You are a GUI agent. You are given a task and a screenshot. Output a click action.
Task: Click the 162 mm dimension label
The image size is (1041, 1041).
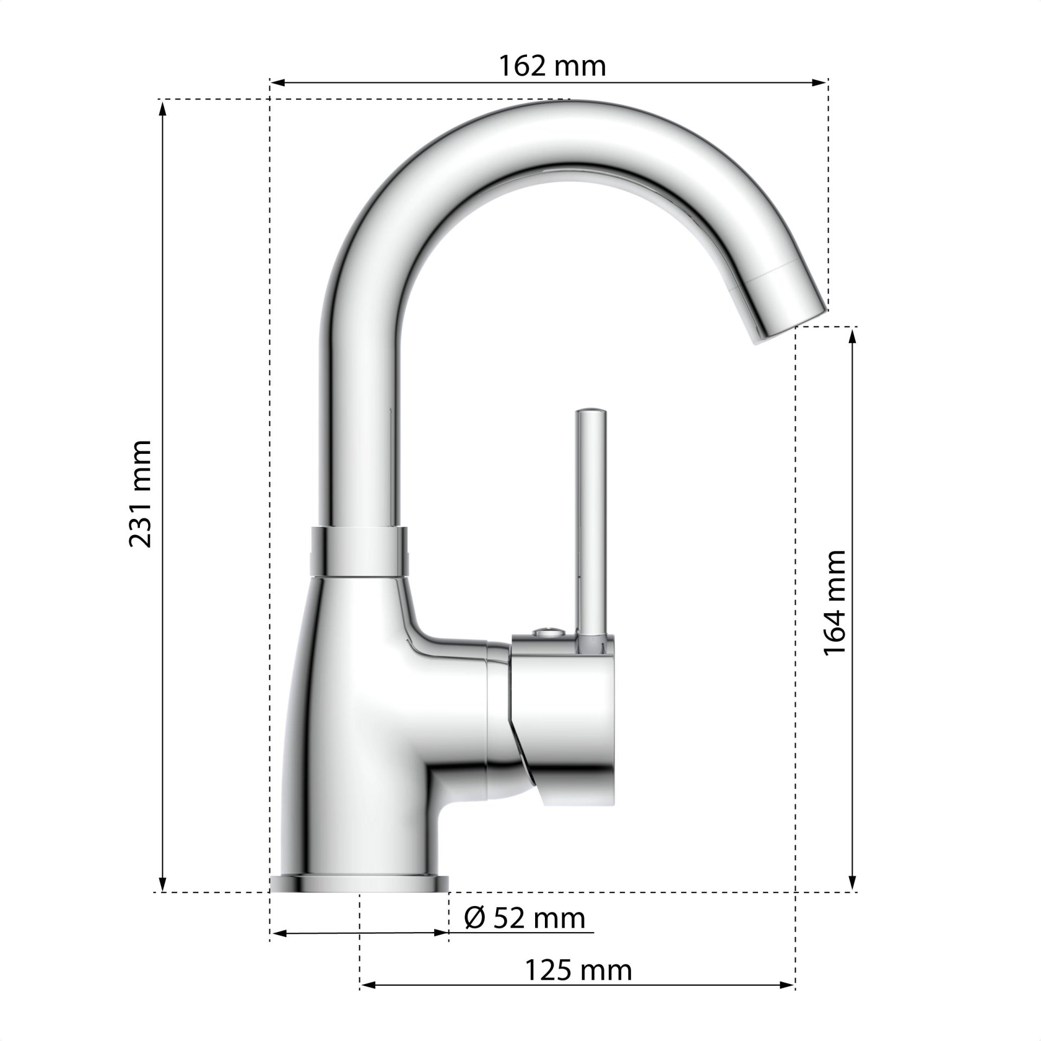pos(551,66)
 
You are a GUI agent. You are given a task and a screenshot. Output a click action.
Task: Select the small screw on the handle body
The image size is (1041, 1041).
pos(547,632)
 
